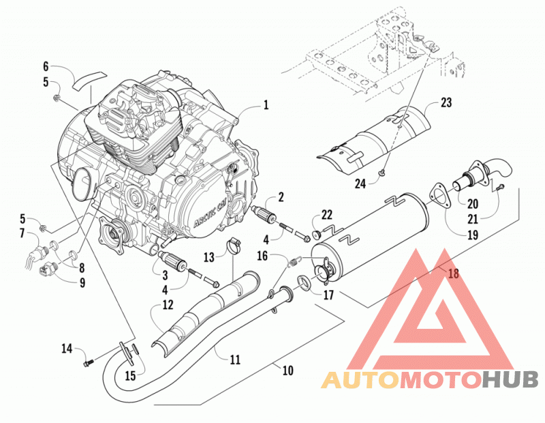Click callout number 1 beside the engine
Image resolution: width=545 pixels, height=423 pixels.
coord(266,104)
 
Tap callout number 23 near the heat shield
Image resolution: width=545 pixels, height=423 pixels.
coord(446,102)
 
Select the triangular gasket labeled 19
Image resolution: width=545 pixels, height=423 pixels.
coord(439,196)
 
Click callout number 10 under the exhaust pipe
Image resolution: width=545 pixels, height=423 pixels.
coord(288,370)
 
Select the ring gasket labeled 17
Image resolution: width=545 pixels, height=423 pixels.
coord(304,281)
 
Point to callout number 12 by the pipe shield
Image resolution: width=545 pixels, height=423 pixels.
coord(168,306)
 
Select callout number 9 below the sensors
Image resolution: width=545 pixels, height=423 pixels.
coord(82,282)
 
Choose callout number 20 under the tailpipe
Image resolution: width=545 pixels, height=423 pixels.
coord(473,203)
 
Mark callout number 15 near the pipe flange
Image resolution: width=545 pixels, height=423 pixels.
coord(130,375)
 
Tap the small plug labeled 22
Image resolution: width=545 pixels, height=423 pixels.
coord(316,235)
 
